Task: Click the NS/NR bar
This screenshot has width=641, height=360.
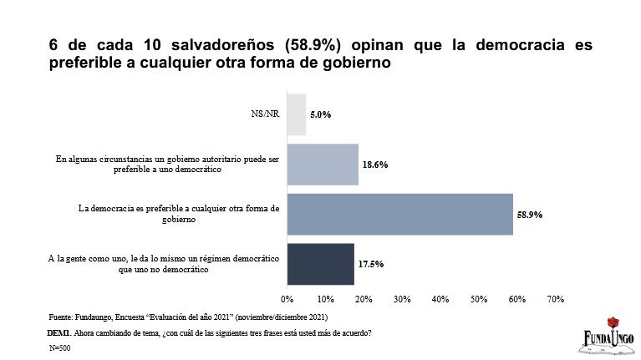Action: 297,114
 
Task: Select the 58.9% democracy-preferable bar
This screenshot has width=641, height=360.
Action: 399,214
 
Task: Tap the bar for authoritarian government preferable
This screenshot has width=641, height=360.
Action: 323,164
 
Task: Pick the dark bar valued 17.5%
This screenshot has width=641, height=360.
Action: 320,264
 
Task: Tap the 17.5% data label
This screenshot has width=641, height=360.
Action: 371,264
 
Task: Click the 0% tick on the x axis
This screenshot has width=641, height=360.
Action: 287,299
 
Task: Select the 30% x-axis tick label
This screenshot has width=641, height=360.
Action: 402,299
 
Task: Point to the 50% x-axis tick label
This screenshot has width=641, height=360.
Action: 479,299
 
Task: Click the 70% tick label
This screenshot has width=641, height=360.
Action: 556,299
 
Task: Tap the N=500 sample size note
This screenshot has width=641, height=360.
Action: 60,347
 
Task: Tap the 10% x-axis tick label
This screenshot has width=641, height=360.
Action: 326,299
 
